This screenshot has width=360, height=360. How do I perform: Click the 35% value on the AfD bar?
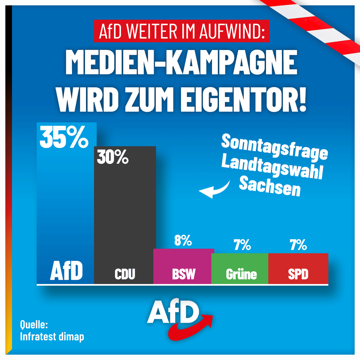point(64,137)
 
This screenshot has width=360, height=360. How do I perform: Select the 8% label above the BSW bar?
point(183,240)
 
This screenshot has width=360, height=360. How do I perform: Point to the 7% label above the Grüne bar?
point(242,245)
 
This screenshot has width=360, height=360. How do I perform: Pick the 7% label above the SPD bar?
point(298,245)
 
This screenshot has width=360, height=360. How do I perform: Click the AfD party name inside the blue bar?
point(66,272)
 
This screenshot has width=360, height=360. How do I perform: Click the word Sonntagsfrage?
point(274,147)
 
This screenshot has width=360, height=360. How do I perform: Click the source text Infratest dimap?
point(52,337)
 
